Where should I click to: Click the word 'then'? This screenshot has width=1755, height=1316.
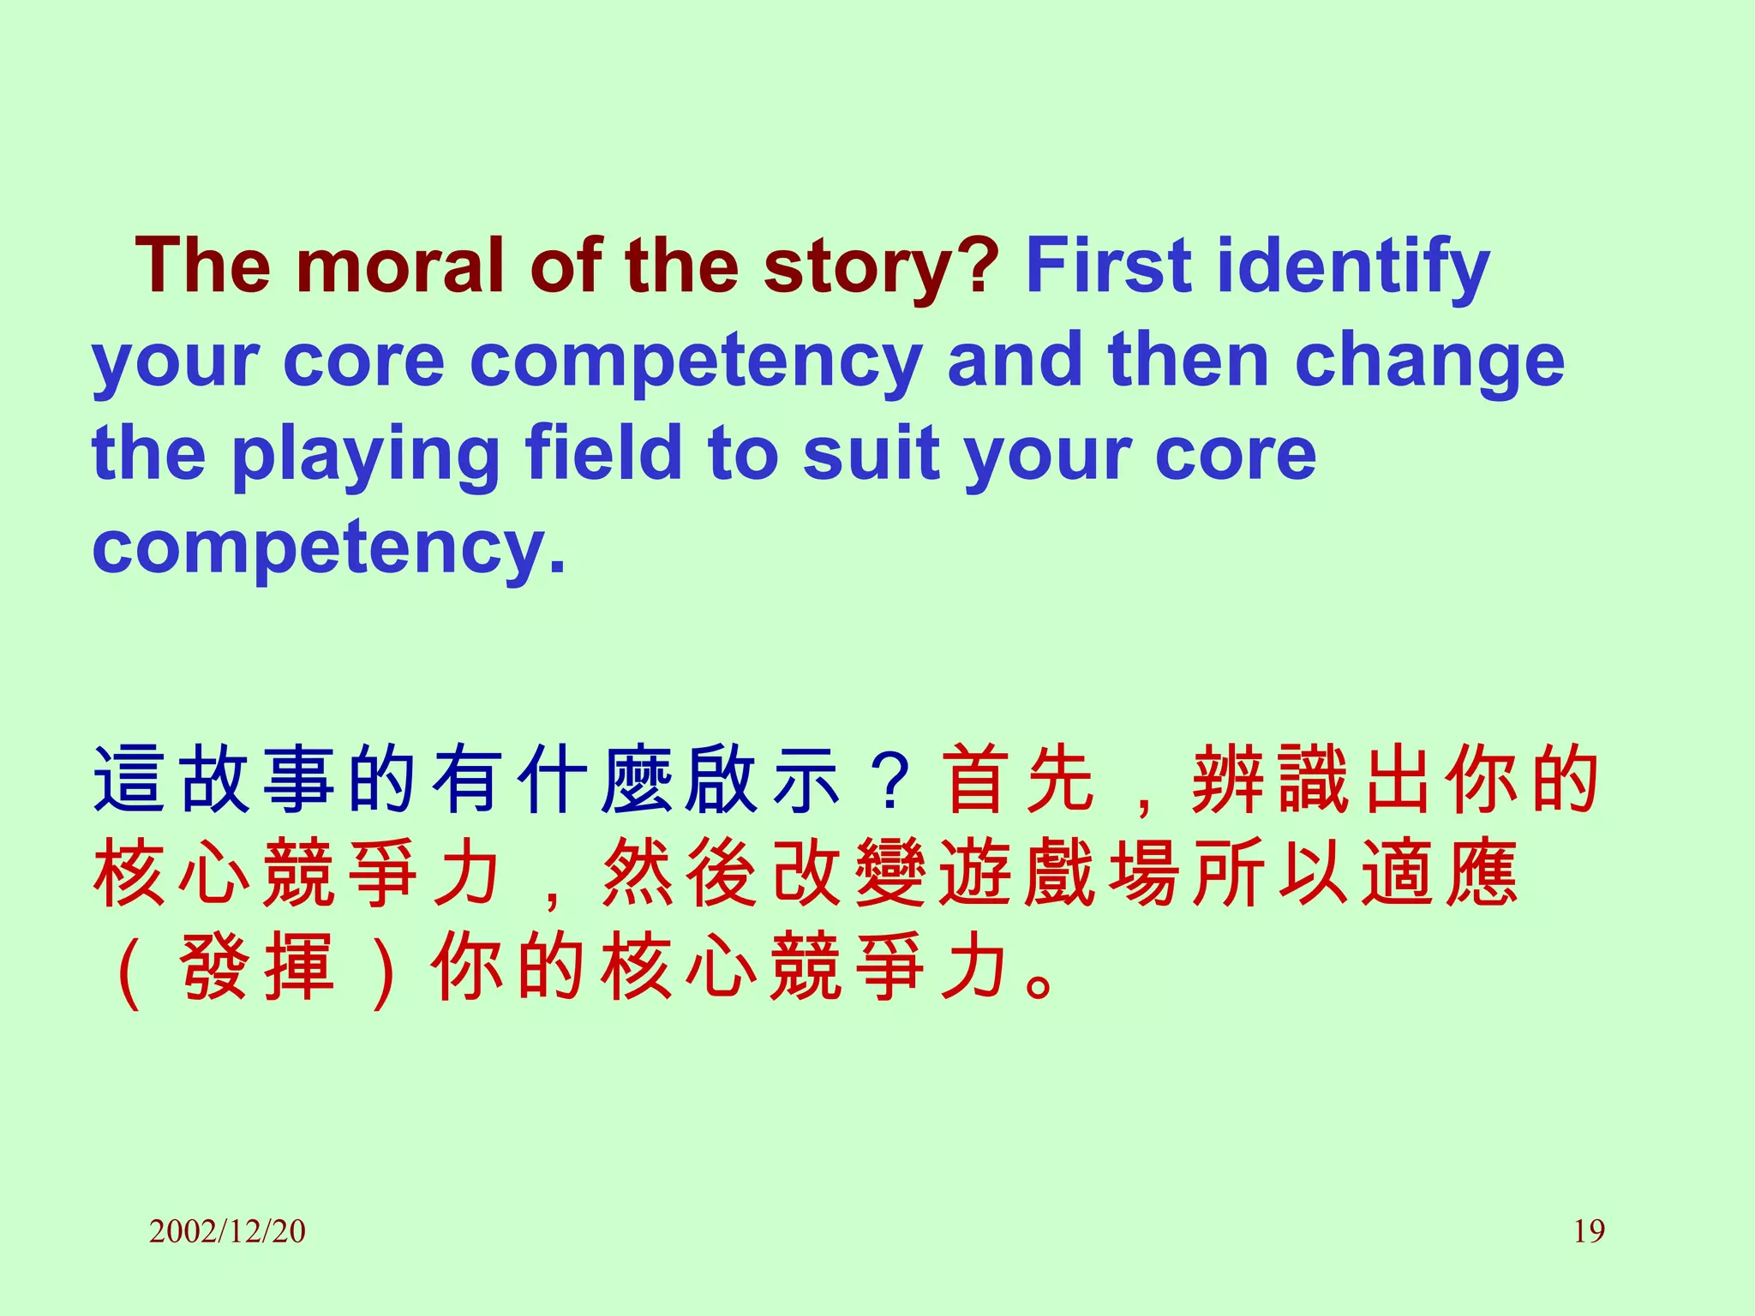1188,360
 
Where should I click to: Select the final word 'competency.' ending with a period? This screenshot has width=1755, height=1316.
329,548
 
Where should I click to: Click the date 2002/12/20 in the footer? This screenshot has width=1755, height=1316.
227,1231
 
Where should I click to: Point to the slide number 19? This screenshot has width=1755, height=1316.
1589,1231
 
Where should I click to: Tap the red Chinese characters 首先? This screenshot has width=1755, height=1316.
1020,780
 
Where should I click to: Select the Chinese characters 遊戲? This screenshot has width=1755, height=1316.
1018,874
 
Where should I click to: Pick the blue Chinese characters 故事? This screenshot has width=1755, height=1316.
257,780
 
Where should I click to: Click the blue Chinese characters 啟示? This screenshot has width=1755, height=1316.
763,780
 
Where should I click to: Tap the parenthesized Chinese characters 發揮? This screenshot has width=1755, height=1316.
257,968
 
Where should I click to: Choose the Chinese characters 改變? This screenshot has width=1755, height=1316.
848,874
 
